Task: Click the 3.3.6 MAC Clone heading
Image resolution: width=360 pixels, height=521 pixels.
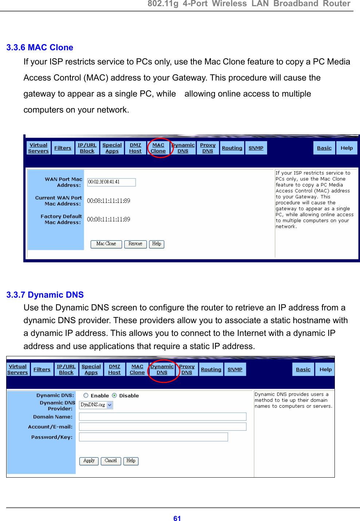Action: coord(40,47)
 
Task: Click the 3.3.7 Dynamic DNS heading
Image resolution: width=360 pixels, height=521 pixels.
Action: coord(45,295)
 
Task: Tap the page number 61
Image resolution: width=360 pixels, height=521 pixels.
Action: coord(177,518)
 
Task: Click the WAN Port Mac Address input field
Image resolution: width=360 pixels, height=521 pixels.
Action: coord(111,182)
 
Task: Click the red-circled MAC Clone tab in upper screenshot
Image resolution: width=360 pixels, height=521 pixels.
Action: coord(158,148)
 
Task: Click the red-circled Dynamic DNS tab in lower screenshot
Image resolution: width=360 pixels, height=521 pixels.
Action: coord(162,369)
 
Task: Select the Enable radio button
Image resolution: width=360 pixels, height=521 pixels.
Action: coord(86,395)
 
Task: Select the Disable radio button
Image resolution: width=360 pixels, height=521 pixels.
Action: coord(114,395)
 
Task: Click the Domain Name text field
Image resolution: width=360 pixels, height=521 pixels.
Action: coord(163,416)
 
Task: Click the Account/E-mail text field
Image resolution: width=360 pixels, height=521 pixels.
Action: coord(163,427)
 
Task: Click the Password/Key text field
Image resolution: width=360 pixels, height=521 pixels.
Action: coord(153,437)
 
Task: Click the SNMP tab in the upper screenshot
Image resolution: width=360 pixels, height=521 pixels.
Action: coord(256,148)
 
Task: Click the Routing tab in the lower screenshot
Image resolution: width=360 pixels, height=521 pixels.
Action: coord(211,369)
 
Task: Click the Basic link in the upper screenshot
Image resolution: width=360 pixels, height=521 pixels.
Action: coord(324,148)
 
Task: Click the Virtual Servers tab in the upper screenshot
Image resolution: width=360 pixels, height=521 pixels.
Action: coord(38,148)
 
